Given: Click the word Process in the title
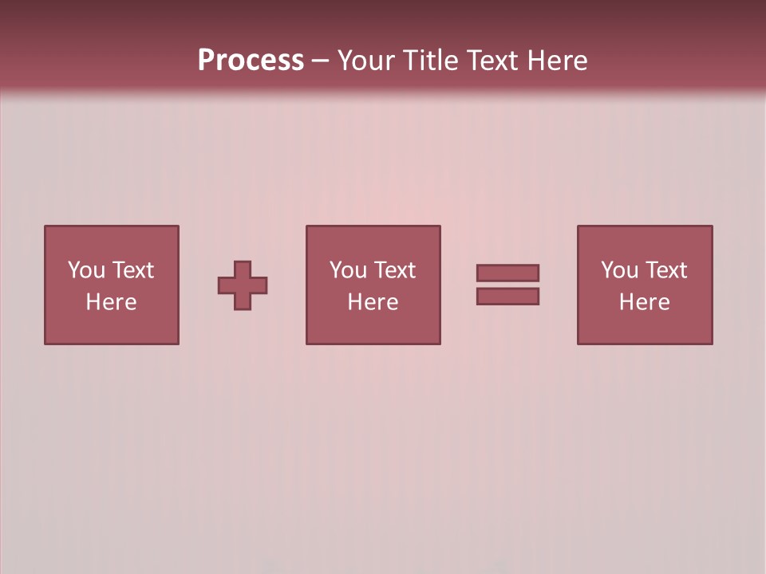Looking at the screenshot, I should (251, 61).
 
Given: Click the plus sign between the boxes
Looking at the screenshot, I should (243, 285).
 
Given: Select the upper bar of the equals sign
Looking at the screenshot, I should (507, 273).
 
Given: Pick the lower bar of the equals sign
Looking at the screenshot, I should (507, 296).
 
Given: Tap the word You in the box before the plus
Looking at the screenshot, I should (86, 270).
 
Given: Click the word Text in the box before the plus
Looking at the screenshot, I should (132, 270).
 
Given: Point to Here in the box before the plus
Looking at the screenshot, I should (111, 302).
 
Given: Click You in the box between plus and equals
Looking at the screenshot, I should (348, 270).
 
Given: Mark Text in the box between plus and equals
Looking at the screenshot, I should (393, 270).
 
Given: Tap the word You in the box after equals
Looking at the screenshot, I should (619, 270).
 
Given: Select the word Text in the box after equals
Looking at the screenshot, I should (665, 270).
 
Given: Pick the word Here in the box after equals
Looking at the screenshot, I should (644, 302).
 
